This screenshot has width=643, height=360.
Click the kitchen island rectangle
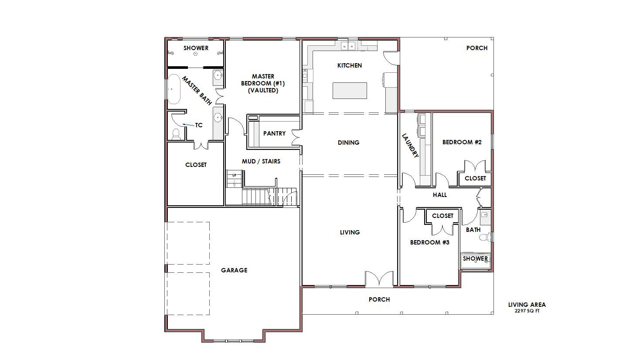(x=350, y=90)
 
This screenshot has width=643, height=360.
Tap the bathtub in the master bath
(x=174, y=89)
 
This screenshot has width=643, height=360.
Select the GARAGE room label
(x=234, y=270)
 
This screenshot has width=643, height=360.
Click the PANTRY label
(x=275, y=133)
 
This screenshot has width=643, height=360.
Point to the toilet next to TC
(x=176, y=134)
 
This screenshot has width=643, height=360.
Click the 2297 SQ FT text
(x=527, y=311)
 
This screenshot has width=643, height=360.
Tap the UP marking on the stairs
(x=234, y=175)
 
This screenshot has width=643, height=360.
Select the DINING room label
(x=348, y=143)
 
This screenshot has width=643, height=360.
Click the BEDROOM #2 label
(x=462, y=142)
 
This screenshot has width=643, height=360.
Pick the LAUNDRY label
(x=410, y=145)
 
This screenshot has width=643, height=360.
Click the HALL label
(x=440, y=195)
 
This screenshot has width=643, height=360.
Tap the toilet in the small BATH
(x=485, y=237)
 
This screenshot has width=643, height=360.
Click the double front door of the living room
(x=379, y=278)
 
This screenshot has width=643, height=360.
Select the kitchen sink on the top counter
(x=348, y=46)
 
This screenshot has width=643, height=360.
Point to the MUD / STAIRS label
(x=261, y=161)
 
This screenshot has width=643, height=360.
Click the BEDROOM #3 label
(x=430, y=242)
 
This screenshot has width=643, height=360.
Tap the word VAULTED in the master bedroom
(x=263, y=90)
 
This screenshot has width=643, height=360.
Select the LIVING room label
(x=350, y=232)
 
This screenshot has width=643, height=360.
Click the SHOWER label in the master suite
(x=196, y=48)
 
